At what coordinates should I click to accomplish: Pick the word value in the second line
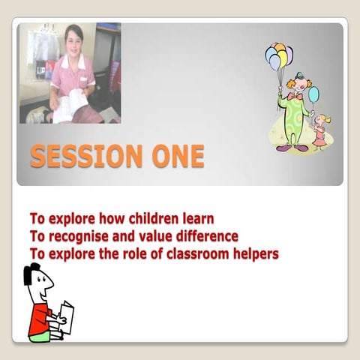click(154, 237)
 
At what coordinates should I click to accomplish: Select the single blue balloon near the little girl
click(313, 94)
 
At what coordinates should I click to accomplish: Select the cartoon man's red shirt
click(39, 319)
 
